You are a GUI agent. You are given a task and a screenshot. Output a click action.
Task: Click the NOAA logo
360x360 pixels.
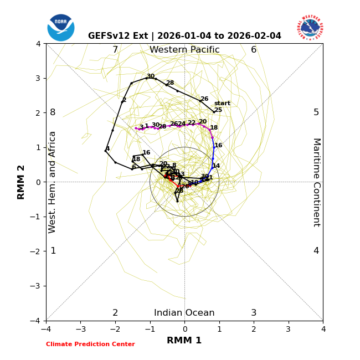[x=61, y=27]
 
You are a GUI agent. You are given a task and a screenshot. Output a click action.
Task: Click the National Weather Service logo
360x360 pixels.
[x=310, y=27]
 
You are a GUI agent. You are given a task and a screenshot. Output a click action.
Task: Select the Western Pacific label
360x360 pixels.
[x=184, y=50]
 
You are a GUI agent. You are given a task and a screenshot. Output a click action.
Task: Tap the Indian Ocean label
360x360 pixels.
[x=184, y=313]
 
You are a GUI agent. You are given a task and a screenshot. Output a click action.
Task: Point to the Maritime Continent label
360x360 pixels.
[x=316, y=182]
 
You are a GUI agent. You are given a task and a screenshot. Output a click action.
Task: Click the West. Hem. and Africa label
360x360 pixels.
[x=53, y=182]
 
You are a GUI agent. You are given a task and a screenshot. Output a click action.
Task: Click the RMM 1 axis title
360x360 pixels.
[x=184, y=341]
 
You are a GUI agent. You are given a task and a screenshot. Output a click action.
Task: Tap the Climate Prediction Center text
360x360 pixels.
[x=90, y=344]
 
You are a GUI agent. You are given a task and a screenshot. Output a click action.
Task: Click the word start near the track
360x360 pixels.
[x=222, y=104]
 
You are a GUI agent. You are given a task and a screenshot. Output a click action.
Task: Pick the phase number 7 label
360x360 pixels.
[x=115, y=50]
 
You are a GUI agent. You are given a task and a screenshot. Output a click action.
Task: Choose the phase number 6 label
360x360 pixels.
[x=254, y=50]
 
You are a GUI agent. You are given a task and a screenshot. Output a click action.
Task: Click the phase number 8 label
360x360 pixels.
[x=53, y=112]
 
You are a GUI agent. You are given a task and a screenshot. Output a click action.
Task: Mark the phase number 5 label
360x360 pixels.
[x=316, y=112]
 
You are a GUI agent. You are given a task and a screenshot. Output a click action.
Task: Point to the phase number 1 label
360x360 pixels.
[x=53, y=251]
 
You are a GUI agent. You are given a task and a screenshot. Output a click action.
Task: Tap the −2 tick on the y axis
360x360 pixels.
[x=37, y=251]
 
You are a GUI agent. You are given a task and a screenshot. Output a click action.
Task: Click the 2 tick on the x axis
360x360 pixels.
[x=254, y=329]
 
